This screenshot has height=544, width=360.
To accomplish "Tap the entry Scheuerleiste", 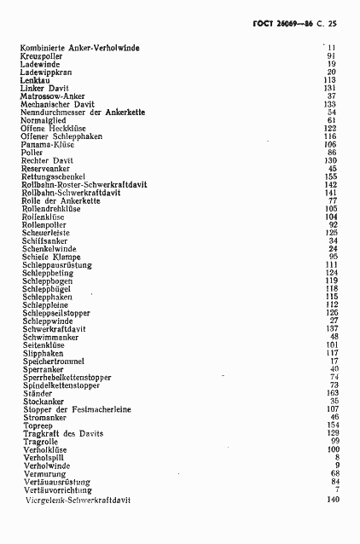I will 46,233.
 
